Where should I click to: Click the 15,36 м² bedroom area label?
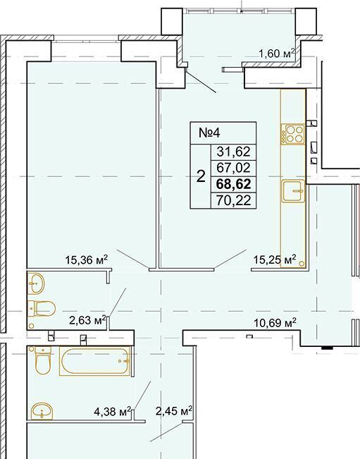[x=87, y=259]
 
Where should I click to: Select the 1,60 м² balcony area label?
[x=276, y=54]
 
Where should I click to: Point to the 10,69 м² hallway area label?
[x=275, y=323]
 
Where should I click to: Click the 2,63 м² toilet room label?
[x=87, y=320]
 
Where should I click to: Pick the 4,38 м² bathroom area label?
[x=112, y=412]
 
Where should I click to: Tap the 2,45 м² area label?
[x=174, y=411]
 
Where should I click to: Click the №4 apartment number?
[x=209, y=133]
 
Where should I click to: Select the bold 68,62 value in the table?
[x=233, y=185]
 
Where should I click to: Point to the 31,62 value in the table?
[x=233, y=152]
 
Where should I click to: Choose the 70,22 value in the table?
[x=233, y=200]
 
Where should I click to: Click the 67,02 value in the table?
[x=233, y=168]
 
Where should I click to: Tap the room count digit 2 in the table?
[x=201, y=177]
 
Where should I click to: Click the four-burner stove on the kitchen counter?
[x=293, y=134]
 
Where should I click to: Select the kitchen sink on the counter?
[x=293, y=191]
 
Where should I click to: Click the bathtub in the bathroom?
[x=94, y=361]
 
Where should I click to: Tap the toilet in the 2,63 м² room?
[x=42, y=308]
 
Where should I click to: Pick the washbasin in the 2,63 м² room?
[x=36, y=283]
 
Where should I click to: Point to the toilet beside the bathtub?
[x=42, y=360]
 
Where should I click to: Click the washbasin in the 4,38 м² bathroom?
[x=42, y=410]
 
